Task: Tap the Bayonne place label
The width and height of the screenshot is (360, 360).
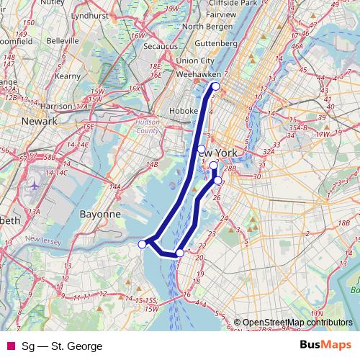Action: (x=99, y=214)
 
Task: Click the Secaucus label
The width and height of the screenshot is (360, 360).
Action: (x=159, y=47)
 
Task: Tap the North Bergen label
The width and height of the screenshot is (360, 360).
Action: (x=207, y=27)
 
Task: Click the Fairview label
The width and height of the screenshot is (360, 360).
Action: (x=220, y=14)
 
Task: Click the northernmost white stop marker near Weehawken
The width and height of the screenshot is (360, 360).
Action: (x=215, y=87)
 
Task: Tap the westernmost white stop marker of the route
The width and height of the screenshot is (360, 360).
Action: (x=143, y=244)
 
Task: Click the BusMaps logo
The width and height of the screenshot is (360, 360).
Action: (x=325, y=346)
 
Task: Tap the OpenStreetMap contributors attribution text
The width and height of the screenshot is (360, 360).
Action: (x=297, y=323)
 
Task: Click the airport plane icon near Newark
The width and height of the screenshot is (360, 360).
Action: (x=33, y=185)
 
